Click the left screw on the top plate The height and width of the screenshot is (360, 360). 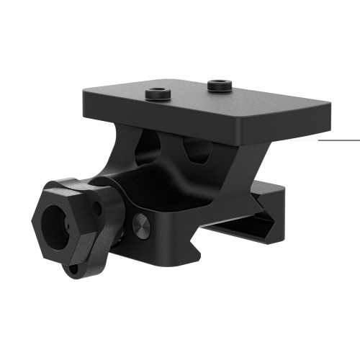pyautogui.click(x=157, y=94)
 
